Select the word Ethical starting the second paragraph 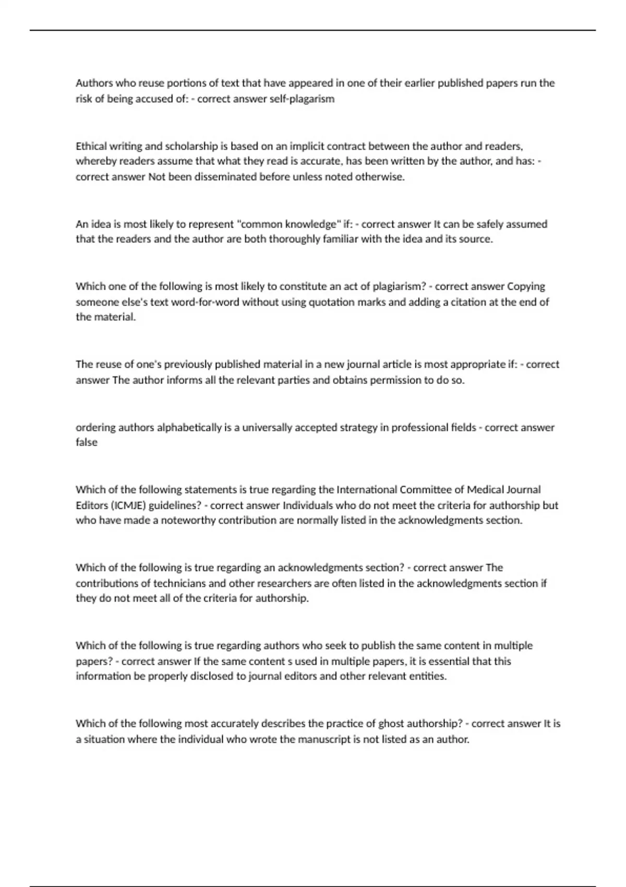click(91, 146)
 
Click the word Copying click(526, 286)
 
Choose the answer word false click(87, 442)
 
